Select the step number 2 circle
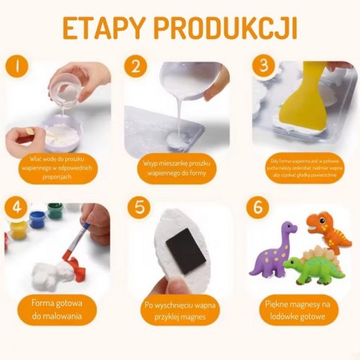(136, 67)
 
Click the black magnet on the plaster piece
(185, 251)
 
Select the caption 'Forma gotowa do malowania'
(55, 310)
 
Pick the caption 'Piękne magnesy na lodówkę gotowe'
(295, 310)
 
